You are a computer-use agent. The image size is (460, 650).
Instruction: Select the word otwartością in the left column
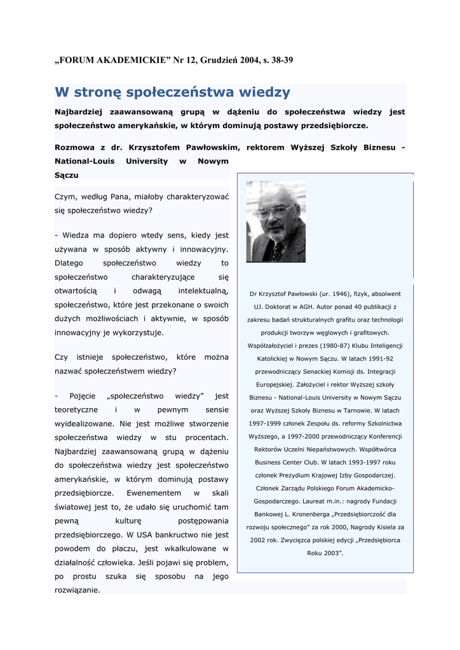[x=76, y=291]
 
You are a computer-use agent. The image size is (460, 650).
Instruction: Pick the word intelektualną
[x=203, y=291]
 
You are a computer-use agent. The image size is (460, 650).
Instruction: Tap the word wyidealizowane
[x=85, y=423]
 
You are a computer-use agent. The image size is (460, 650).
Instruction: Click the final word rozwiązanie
[x=77, y=590]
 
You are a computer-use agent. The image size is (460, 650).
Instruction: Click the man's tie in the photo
[x=277, y=251]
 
